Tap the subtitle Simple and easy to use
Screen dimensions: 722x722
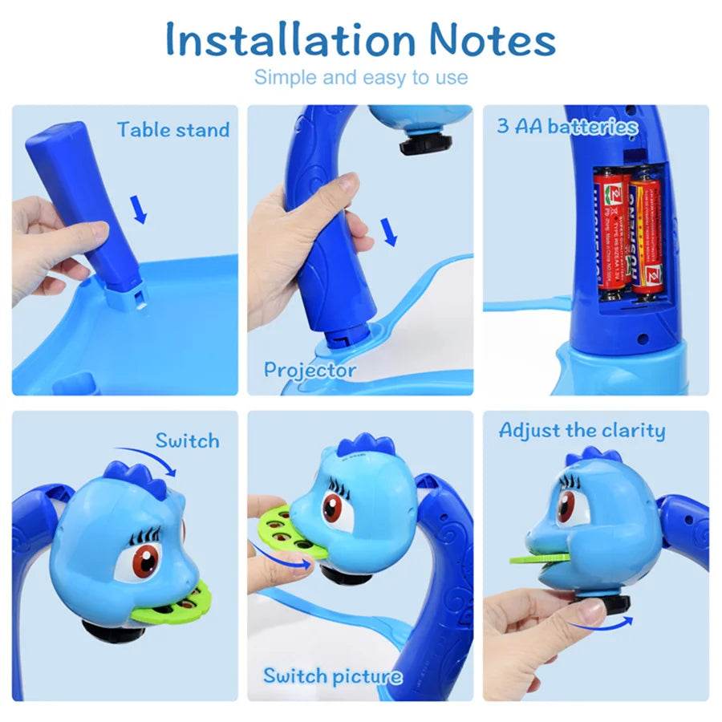361,78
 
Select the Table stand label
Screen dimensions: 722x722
172,130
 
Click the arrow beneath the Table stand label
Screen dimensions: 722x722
140,211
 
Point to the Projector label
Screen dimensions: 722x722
310,370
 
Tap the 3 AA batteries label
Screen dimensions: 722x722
566,126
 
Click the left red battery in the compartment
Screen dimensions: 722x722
611,229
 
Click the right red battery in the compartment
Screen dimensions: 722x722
646,233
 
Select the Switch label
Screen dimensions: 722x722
187,440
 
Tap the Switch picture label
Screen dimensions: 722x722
332,675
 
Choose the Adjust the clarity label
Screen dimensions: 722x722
582,431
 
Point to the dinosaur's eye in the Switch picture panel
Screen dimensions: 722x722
332,507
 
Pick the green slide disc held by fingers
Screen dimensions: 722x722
283,530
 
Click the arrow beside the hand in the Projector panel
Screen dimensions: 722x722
391,233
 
